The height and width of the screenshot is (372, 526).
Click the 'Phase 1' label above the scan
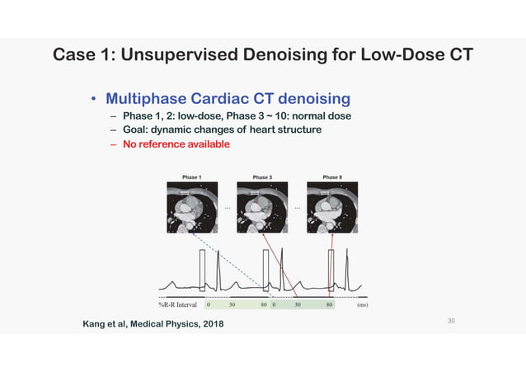tap(192, 177)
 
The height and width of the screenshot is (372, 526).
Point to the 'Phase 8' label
tap(333, 177)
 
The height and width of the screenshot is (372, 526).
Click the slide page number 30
tap(451, 319)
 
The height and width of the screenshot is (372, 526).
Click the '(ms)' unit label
tap(362, 304)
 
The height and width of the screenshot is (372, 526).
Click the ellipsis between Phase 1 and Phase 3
tap(227, 207)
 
